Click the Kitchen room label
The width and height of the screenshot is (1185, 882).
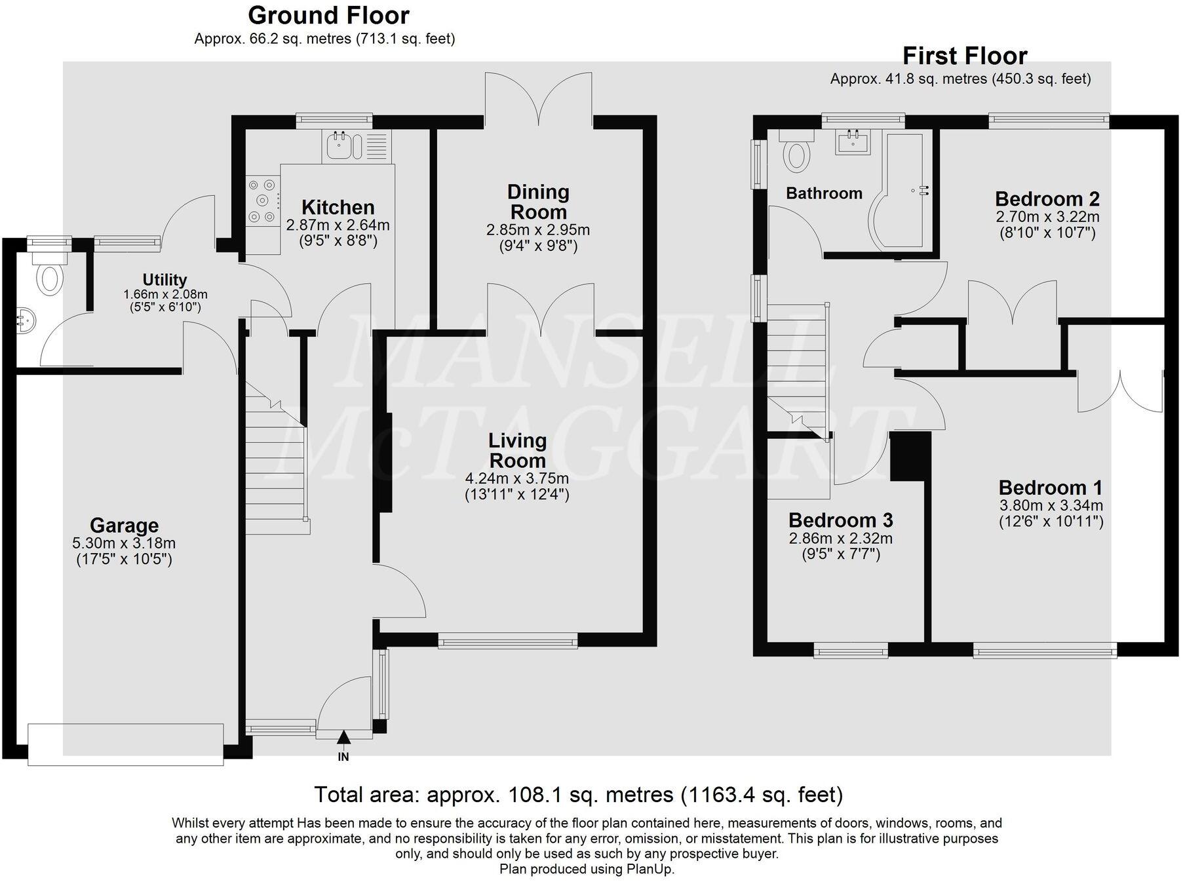(x=338, y=208)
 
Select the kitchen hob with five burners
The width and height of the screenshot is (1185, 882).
(x=263, y=201)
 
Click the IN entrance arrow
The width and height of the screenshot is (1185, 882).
(x=343, y=738)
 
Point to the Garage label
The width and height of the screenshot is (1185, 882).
(x=124, y=526)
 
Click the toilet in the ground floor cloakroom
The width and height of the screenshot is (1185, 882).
(x=49, y=277)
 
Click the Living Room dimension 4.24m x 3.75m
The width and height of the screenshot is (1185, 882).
(x=516, y=478)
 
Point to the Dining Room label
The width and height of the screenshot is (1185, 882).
(x=538, y=202)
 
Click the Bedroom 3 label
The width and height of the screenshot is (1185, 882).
(x=840, y=520)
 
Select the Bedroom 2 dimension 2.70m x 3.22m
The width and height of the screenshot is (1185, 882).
(x=1047, y=216)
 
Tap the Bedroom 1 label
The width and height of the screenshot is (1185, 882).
(x=1050, y=488)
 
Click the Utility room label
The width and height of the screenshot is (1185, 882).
(x=165, y=280)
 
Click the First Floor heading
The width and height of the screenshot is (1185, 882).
(x=964, y=56)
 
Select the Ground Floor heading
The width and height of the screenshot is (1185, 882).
(x=328, y=15)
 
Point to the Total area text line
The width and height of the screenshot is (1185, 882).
(x=578, y=795)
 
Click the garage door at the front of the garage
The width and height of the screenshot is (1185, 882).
(x=125, y=744)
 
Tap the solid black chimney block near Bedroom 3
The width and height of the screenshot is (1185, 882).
(x=910, y=456)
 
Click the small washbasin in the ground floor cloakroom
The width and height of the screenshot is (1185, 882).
(x=24, y=322)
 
